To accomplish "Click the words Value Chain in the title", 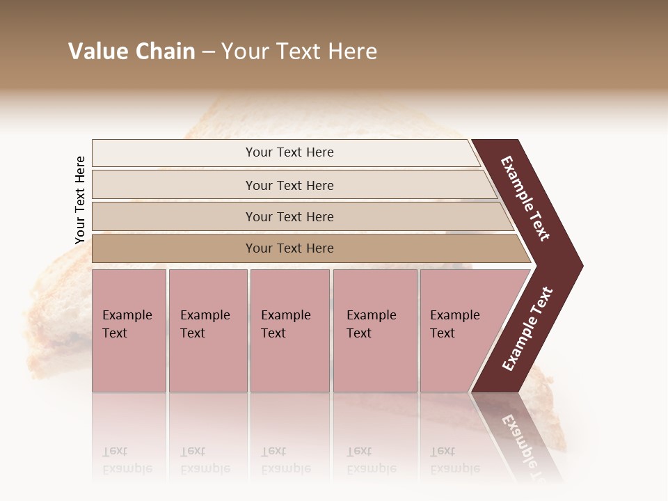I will [x=132, y=51].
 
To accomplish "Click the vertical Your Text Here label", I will [x=80, y=200].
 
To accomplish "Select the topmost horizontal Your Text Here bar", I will [x=285, y=152].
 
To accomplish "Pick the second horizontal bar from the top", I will [x=292, y=185].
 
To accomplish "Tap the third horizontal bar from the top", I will [x=299, y=216].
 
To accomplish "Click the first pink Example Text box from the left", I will [x=129, y=331].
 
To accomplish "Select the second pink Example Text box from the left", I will [x=208, y=331].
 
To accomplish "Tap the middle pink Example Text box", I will [x=289, y=331].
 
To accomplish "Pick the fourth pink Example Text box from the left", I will [x=375, y=331].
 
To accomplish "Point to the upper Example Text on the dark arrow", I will [x=525, y=198].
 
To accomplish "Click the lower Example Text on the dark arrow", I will [x=527, y=329].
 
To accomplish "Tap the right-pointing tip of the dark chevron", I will [x=578, y=265].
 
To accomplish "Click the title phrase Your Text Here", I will [x=299, y=51].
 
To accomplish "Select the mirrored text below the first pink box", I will [x=127, y=460].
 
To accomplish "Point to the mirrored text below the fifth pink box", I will [x=454, y=460].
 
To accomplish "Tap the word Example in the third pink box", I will [x=285, y=315].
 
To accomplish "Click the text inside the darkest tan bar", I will [x=289, y=248].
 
